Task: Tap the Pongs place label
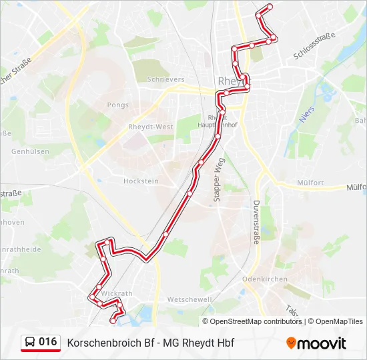point(117,105)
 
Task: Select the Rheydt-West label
point(151,127)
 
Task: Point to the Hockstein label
point(141,181)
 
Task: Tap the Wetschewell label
point(190,299)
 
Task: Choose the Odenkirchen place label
point(265,279)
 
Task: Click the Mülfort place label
point(310,183)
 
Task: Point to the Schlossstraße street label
point(314,49)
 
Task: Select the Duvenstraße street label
point(256,222)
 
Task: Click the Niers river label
point(306,115)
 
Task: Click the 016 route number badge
point(47,342)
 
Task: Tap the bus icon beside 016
point(30,343)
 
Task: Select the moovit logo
point(316,343)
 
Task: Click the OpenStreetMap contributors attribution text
point(256,321)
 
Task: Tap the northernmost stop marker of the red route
point(270,7)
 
